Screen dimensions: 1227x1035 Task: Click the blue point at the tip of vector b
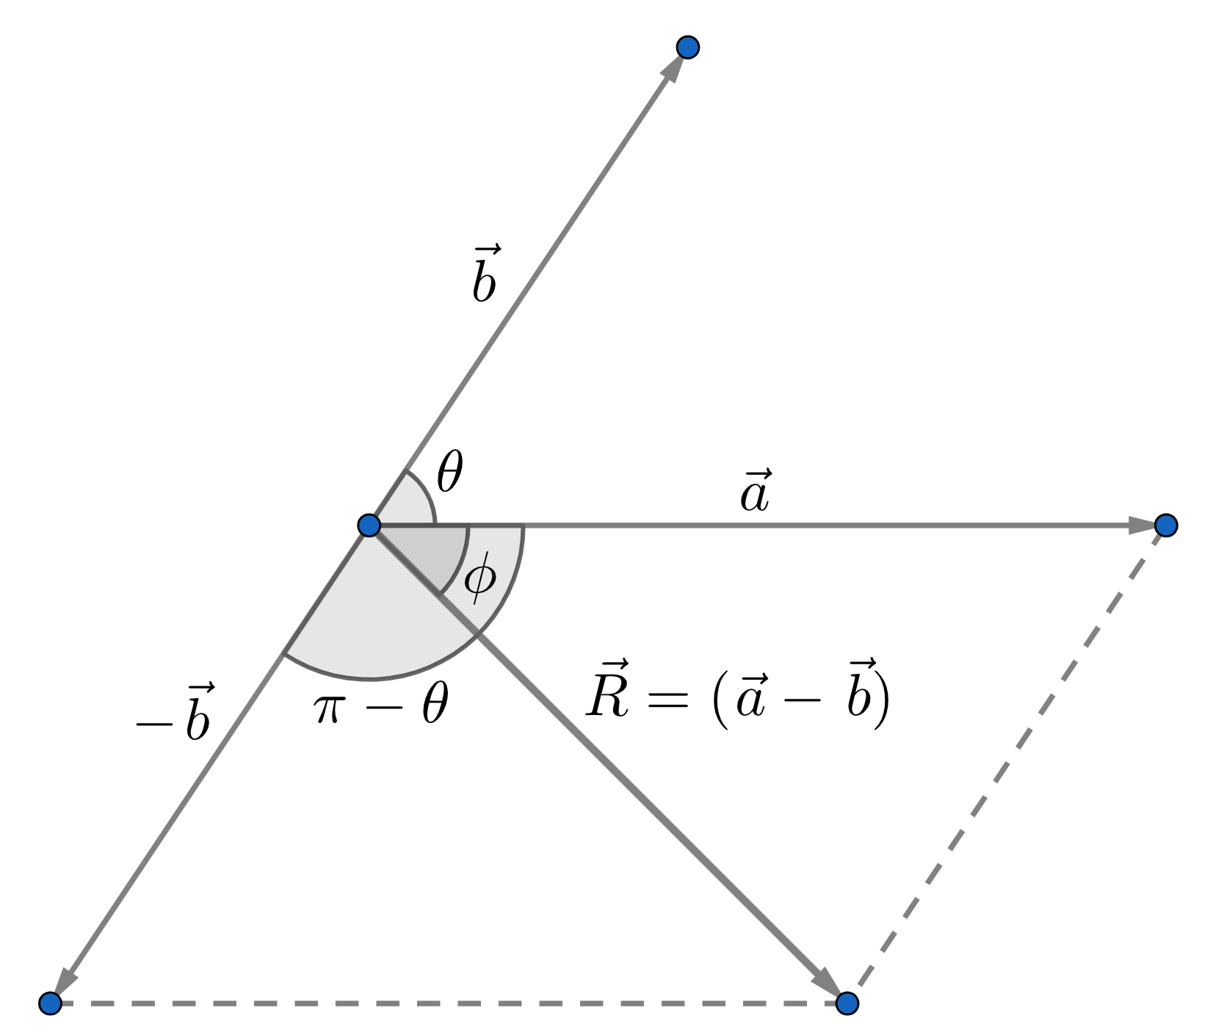688,48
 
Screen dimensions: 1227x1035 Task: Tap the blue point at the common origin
369,525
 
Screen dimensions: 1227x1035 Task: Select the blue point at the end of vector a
1165,525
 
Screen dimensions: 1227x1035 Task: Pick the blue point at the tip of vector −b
50,1002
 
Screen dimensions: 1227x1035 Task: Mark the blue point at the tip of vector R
847,1002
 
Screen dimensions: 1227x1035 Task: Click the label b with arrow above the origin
485,276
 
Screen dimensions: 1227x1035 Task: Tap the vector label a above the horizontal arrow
755,492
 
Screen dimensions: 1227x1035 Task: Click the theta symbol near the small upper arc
449,473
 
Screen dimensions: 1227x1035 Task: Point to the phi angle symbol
480,578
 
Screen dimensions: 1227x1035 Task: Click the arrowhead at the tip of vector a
1142,525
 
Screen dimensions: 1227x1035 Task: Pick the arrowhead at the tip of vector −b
65,981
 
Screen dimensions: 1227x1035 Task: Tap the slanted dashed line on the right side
1006,763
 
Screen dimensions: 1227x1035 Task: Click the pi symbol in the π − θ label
327,709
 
